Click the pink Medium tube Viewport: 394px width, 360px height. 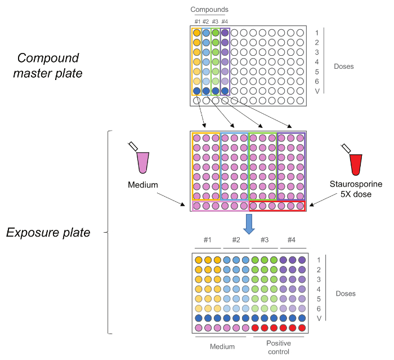click(x=143, y=162)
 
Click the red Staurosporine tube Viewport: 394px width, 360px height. click(x=356, y=165)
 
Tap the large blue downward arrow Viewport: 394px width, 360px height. click(x=249, y=224)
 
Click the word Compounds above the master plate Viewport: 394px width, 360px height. click(x=209, y=10)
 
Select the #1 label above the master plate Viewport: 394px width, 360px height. click(x=198, y=21)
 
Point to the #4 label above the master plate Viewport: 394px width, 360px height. click(x=225, y=21)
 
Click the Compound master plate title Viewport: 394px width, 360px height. click(x=48, y=66)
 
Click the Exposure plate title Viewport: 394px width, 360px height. click(x=48, y=232)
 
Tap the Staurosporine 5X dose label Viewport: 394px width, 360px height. click(x=356, y=189)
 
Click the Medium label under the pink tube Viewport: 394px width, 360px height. click(x=143, y=185)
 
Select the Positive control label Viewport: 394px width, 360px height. click(x=279, y=347)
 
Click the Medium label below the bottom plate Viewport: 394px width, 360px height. click(x=222, y=346)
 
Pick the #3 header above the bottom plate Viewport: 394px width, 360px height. click(x=265, y=240)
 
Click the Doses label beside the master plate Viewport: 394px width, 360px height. click(x=344, y=66)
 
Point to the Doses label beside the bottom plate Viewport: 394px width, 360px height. click(x=346, y=294)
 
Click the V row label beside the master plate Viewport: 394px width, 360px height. click(x=317, y=91)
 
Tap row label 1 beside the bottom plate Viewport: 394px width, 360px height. click(x=319, y=260)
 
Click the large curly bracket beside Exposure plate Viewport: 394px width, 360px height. click(x=108, y=232)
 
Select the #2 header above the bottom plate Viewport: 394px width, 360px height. click(x=236, y=240)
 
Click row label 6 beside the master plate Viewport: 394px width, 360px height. click(x=317, y=82)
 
